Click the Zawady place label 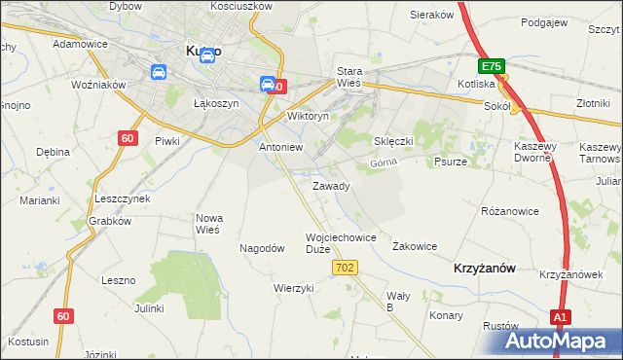point(330,186)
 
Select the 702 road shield point(349,268)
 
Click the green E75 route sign point(491,66)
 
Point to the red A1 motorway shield point(560,317)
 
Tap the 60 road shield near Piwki point(128,138)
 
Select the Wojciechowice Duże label point(341,242)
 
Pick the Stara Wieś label point(349,77)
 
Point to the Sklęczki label point(394,141)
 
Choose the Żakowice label point(414,246)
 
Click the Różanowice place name point(510,210)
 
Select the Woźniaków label point(100,85)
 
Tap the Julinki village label point(149,308)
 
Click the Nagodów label point(262,248)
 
